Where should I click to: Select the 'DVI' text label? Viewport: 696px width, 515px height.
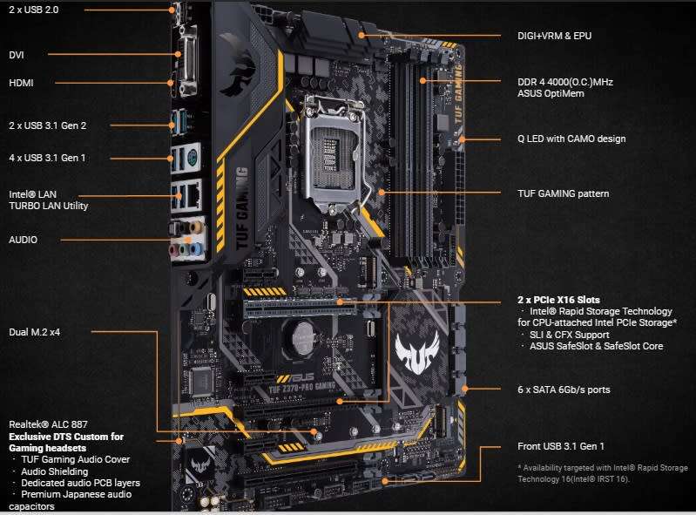(x=17, y=54)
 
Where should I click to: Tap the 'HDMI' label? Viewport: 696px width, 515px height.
(x=21, y=83)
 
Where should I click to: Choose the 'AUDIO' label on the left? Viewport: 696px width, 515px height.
(x=24, y=239)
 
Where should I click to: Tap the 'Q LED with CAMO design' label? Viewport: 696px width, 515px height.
(x=571, y=139)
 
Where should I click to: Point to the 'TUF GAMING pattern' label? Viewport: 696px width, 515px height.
(x=563, y=193)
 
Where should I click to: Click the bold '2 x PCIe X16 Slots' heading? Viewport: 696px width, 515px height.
(x=558, y=300)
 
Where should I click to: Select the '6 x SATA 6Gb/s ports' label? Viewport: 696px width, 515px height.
(x=564, y=390)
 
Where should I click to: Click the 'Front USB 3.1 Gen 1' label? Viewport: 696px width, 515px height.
(x=561, y=446)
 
